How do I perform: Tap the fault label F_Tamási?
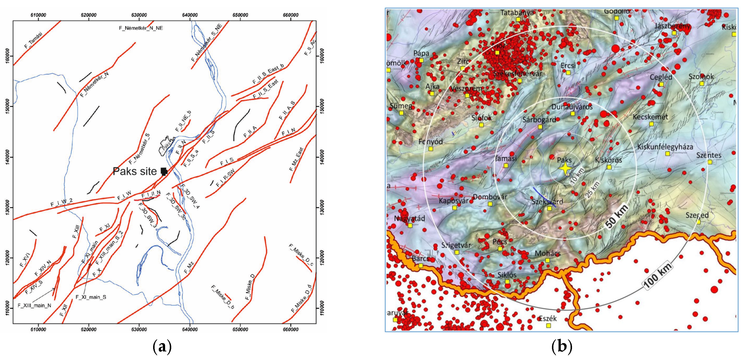(x=34, y=40)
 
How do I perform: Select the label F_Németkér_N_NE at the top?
(x=141, y=28)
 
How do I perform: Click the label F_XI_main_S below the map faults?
(x=91, y=297)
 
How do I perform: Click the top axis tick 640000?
(x=190, y=15)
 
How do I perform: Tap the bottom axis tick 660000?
(x=291, y=329)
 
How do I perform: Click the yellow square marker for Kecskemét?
(x=652, y=124)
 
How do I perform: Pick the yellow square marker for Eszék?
(x=549, y=326)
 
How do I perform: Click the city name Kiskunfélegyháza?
(x=665, y=147)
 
